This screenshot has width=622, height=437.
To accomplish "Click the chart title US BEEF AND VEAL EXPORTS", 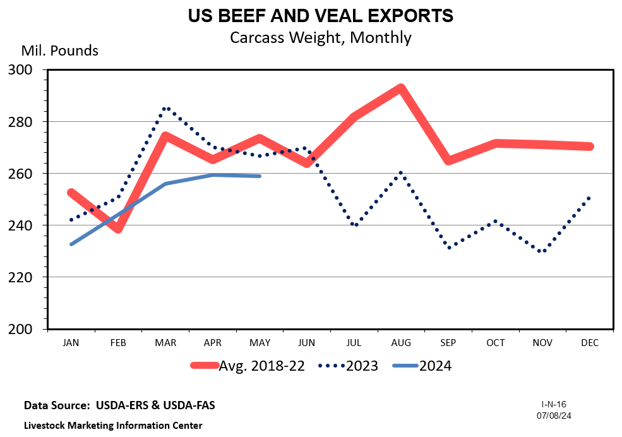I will (320, 16).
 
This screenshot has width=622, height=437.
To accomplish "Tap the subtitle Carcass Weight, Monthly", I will (320, 37).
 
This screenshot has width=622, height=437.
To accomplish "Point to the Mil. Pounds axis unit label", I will (60, 51).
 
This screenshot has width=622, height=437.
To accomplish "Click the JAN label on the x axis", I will (71, 343).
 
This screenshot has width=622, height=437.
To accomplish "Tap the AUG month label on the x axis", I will (401, 343).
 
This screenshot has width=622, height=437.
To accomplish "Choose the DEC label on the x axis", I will (589, 343).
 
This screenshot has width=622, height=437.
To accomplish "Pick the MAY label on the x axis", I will (260, 343).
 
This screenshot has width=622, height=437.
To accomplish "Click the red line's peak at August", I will (400, 88).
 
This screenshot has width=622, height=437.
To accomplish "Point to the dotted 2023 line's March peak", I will (165, 109).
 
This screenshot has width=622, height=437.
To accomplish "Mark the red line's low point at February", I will (118, 229).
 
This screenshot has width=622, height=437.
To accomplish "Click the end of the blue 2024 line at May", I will (260, 176).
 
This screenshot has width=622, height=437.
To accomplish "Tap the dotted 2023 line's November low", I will (542, 251).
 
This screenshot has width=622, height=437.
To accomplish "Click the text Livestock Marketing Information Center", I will (113, 425).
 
